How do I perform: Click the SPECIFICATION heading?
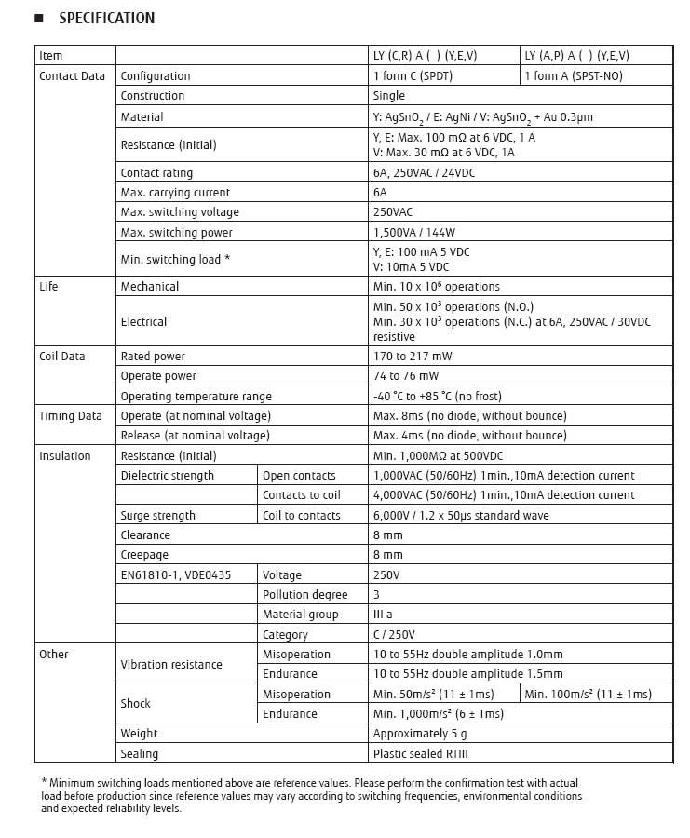[106, 19]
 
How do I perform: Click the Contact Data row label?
[73, 76]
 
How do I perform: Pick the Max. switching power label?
[177, 233]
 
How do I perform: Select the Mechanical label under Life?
[150, 287]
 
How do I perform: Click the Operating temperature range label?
[196, 397]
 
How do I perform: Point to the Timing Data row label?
[71, 416]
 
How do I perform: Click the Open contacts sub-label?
[299, 476]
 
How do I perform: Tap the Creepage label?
[145, 555]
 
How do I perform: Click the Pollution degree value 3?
[376, 595]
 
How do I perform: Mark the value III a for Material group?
[383, 615]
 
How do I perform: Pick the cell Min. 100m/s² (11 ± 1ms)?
[588, 695]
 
